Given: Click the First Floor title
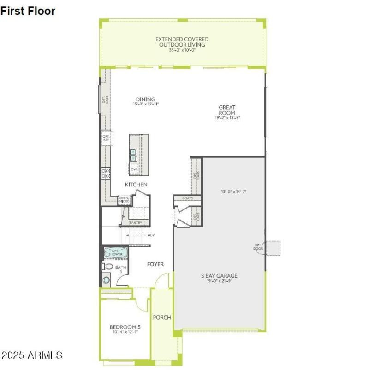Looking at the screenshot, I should click(28, 11).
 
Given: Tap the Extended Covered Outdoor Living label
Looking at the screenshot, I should click(182, 42).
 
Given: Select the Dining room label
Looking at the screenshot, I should click(145, 99).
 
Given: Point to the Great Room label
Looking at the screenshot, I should click(227, 110).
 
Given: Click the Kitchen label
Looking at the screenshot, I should click(136, 185).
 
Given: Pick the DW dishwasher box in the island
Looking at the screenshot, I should click(134, 169).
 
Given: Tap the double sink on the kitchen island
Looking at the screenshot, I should click(133, 155).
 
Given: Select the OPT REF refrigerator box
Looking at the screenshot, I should click(106, 138).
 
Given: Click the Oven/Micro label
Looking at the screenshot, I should click(125, 200).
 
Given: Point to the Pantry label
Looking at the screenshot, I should click(135, 223).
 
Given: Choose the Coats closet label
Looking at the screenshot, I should click(187, 198).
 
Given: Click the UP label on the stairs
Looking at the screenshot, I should click(152, 235).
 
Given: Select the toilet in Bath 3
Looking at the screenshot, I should click(107, 267).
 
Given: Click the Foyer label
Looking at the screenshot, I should click(155, 264).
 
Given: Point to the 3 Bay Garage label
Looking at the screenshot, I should click(219, 276).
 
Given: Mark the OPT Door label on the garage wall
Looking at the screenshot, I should click(258, 247).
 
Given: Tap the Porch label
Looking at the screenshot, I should click(162, 317).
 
